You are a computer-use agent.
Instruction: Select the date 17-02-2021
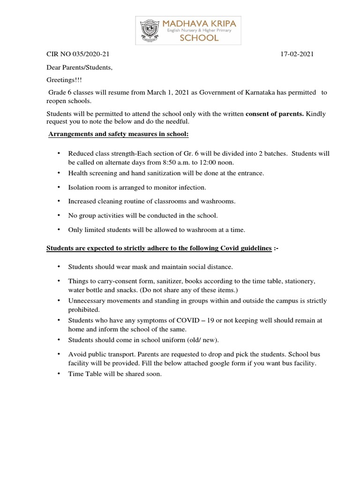[x=297, y=54]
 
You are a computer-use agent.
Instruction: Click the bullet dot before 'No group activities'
[x=59, y=216]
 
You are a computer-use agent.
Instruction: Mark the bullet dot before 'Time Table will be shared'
[x=59, y=374]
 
